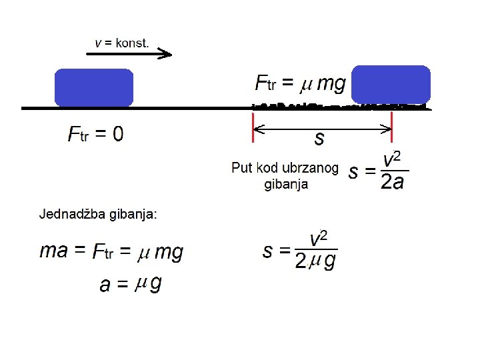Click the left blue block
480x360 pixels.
coord(93,87)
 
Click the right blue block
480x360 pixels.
coord(391,84)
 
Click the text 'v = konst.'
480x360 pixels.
coord(121,43)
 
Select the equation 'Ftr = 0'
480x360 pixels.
coord(95,135)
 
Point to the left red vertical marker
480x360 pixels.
coord(253,127)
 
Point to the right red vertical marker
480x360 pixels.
coord(392,127)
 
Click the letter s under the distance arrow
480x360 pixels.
coord(319,139)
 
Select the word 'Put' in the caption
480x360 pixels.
coord(241,167)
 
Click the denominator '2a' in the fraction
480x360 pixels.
coord(392,182)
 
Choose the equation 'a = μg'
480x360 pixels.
coord(130,285)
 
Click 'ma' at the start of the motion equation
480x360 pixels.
coord(53,251)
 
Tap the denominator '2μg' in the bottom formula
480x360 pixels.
coord(315,262)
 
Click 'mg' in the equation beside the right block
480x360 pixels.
coord(331,83)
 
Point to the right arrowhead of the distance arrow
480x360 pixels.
coord(387,130)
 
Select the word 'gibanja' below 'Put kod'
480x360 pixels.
coord(287,184)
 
